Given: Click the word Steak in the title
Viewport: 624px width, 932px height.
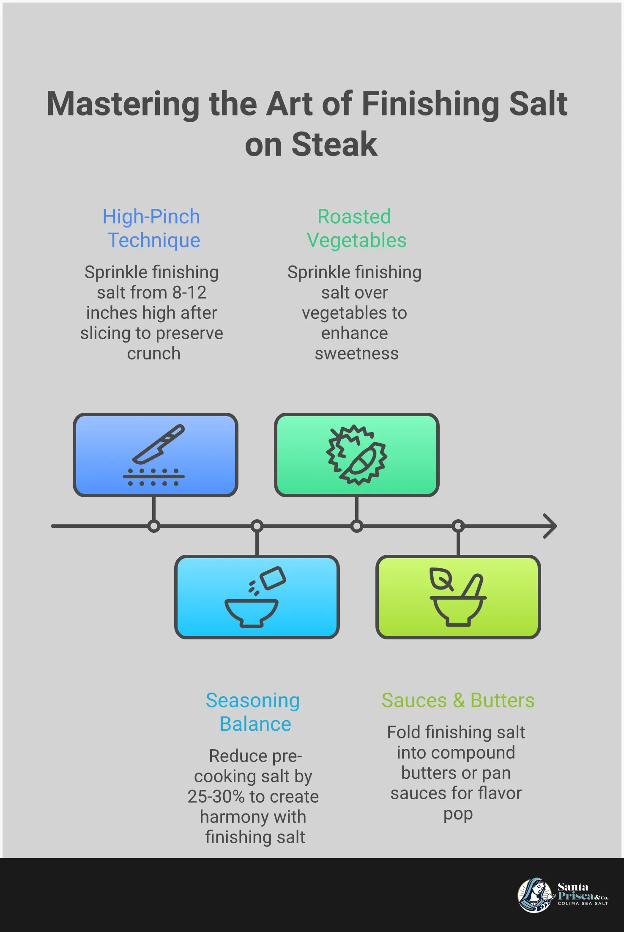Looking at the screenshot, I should click(x=334, y=145).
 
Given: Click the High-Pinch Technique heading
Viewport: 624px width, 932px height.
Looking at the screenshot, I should click(x=152, y=228).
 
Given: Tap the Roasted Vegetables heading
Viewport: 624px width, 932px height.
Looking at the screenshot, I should click(x=356, y=228).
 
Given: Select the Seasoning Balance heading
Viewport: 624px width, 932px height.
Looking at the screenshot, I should click(x=253, y=712).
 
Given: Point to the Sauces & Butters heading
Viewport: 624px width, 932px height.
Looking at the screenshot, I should click(x=458, y=700).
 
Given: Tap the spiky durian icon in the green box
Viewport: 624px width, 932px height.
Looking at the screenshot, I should click(x=356, y=455).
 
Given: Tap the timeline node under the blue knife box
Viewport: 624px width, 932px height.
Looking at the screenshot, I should click(x=154, y=526).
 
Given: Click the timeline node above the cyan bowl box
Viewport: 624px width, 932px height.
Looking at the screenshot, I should click(x=257, y=526).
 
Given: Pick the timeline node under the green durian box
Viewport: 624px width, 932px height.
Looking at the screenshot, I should click(x=356, y=526).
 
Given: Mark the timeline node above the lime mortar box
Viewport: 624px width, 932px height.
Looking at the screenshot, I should click(x=458, y=526).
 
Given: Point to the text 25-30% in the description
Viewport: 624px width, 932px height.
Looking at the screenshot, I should click(x=216, y=797).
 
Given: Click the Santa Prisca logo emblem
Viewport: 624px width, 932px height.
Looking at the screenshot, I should click(x=535, y=895).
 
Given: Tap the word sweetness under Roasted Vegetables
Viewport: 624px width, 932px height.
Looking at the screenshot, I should click(x=356, y=354).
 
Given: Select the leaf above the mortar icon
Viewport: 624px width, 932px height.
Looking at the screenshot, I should click(x=441, y=578).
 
